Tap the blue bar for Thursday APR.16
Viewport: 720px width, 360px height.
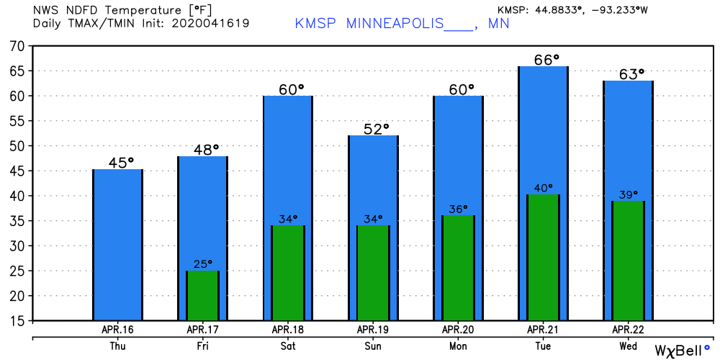tap(117, 245)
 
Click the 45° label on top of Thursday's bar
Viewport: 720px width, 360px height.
tap(117, 163)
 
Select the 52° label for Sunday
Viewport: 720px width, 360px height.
tap(372, 129)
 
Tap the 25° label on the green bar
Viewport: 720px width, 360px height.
tap(202, 264)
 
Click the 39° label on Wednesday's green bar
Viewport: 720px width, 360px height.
tap(627, 195)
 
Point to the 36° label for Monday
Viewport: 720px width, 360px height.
tap(457, 209)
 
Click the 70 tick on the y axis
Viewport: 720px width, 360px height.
tap(17, 46)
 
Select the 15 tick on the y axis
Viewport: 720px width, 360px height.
tap(17, 320)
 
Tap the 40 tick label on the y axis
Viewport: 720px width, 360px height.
tap(17, 196)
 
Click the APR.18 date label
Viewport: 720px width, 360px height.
tap(287, 329)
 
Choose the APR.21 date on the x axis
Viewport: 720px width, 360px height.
tap(542, 329)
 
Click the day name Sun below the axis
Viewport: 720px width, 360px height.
tap(372, 346)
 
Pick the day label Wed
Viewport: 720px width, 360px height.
tap(627, 346)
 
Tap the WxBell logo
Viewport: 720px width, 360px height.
tap(681, 351)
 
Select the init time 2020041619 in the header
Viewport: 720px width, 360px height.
tap(210, 23)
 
